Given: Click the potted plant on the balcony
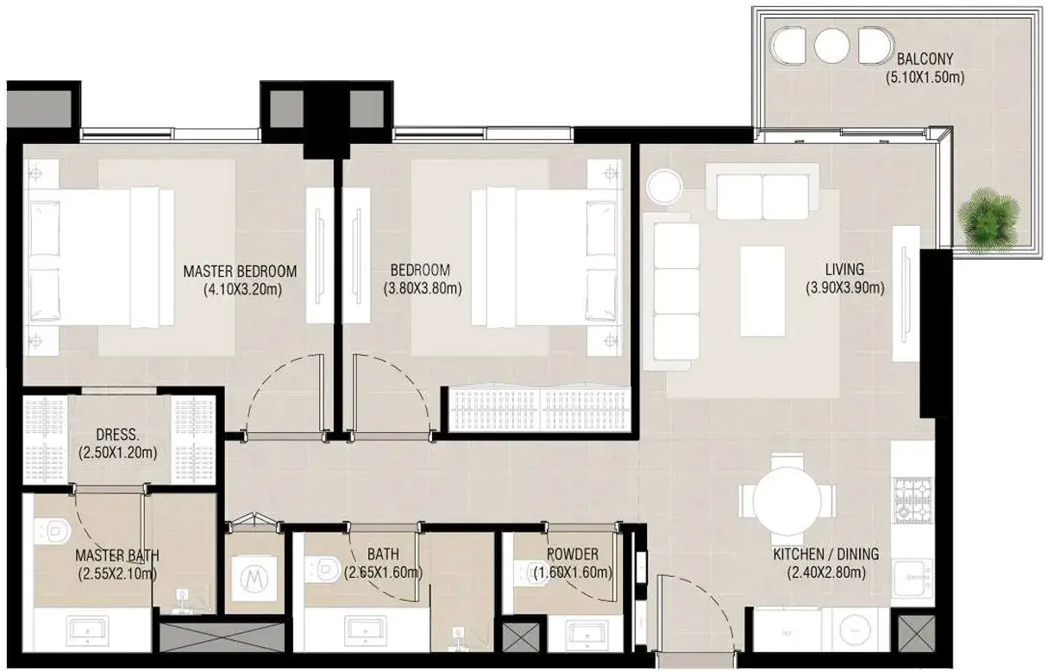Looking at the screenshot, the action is tap(988, 219).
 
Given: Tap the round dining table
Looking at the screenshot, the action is tap(787, 501).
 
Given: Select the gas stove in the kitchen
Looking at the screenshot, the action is tap(913, 500).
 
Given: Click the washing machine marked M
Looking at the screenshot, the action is tap(254, 579).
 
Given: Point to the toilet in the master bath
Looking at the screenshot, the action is tap(53, 532).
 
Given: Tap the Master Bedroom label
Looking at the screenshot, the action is tap(240, 271).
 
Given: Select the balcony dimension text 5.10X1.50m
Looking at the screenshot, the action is tap(925, 78).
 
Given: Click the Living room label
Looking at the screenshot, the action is tap(844, 269).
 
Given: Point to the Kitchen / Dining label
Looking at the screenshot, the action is tap(825, 554).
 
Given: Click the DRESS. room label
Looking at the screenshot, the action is tap(117, 435).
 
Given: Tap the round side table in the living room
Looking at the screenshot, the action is tap(664, 186).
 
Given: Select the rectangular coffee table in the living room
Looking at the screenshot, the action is tap(762, 291).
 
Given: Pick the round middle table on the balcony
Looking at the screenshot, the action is tap(831, 47).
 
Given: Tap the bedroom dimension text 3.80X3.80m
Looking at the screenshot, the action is tap(423, 289).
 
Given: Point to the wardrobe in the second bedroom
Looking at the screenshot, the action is tap(539, 410).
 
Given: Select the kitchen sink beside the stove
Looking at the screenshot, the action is tap(913, 579).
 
